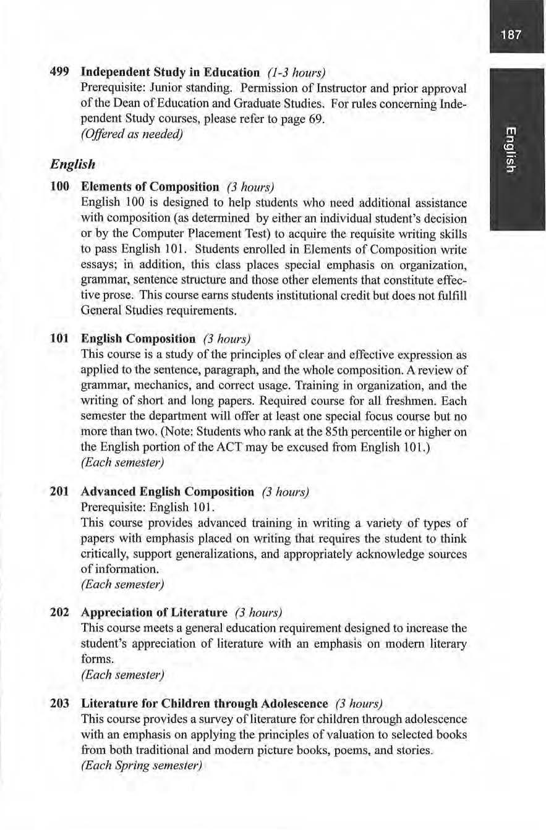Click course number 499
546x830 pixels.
point(60,72)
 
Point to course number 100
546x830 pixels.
point(60,186)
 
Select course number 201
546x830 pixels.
point(60,492)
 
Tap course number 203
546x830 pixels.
point(60,704)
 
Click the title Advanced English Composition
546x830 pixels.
point(168,492)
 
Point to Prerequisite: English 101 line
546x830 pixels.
point(148,507)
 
